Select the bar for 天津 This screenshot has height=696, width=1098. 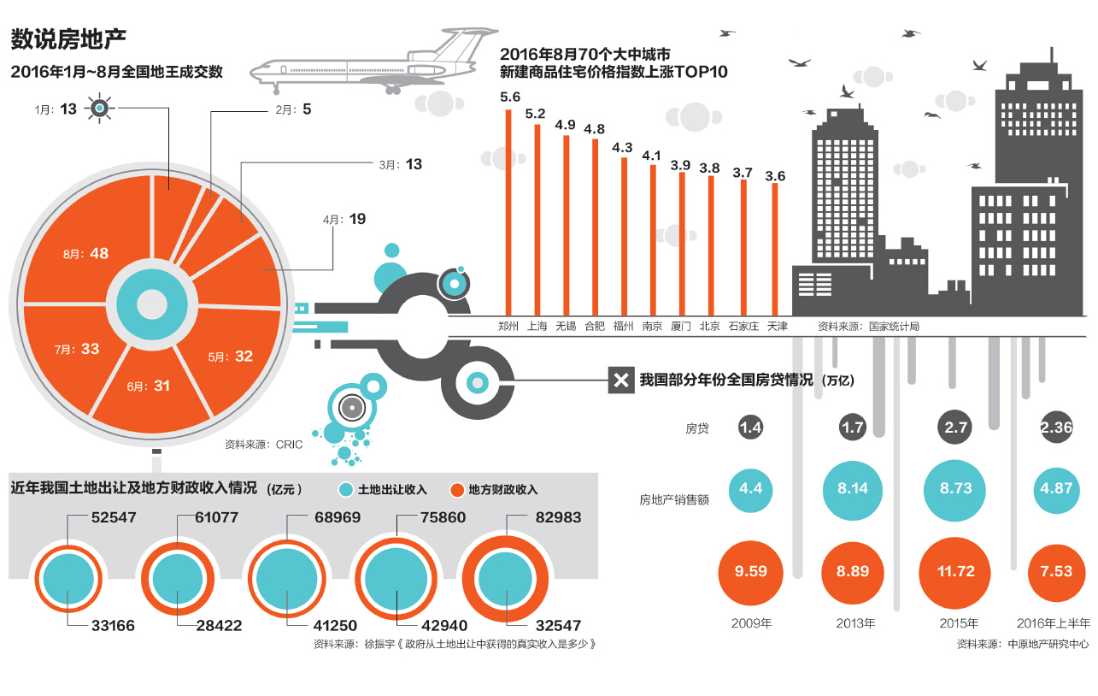[775, 249]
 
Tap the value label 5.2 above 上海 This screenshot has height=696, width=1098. [536, 113]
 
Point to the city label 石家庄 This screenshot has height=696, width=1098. [743, 326]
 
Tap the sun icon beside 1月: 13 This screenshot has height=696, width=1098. [100, 109]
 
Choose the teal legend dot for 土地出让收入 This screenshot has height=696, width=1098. [345, 490]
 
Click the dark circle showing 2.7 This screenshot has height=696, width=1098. [955, 428]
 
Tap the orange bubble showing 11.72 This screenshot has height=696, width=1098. [955, 572]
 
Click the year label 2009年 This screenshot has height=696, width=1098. [751, 623]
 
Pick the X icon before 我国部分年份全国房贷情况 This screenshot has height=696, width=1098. [619, 380]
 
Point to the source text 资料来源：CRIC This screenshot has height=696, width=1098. [259, 445]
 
